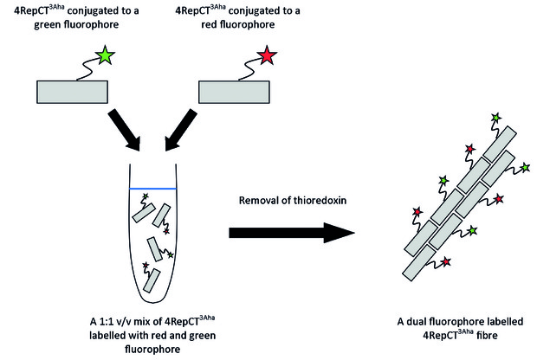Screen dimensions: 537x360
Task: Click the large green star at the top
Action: click(105, 55)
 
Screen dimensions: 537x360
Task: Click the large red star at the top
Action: click(267, 55)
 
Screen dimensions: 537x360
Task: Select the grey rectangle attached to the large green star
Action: click(72, 92)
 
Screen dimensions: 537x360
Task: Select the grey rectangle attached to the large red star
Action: click(234, 92)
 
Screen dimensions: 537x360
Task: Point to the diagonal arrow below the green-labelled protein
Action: click(125, 130)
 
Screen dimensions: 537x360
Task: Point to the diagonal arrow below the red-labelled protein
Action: click(181, 130)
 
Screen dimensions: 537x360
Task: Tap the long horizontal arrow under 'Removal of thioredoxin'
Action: click(292, 233)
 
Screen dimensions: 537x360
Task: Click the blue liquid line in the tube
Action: click(152, 189)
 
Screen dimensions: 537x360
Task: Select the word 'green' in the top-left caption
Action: click(48, 25)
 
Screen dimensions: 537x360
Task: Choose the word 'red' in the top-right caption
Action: click(209, 24)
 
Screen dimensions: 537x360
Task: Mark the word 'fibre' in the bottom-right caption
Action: click(486, 335)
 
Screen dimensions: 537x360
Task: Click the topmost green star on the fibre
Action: click(495, 118)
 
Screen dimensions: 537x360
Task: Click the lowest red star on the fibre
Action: click(445, 262)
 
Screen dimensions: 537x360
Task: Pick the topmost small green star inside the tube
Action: click(146, 196)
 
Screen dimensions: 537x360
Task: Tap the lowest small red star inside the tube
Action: click(146, 265)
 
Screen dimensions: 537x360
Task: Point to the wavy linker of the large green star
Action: click(87, 70)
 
